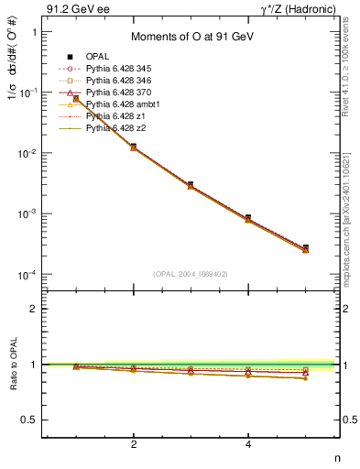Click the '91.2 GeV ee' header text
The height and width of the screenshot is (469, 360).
(74, 8)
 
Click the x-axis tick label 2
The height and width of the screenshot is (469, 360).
(134, 444)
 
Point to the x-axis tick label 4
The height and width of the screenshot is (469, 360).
(248, 444)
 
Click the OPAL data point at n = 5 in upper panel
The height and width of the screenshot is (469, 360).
(305, 248)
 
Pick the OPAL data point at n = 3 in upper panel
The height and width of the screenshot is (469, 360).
(191, 185)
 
